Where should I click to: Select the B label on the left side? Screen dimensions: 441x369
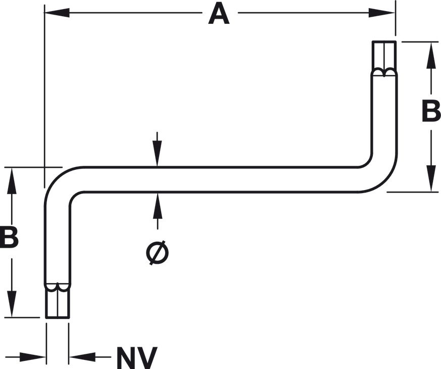(x=9, y=238)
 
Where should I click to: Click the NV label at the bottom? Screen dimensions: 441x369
(x=137, y=358)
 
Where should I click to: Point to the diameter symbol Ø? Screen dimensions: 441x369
(x=158, y=253)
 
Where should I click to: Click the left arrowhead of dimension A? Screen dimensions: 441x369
(x=57, y=13)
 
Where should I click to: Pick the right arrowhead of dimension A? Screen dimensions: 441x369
(x=382, y=13)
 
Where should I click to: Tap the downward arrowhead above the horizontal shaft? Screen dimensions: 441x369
(x=157, y=153)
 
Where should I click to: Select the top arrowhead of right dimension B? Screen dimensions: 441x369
(x=431, y=55)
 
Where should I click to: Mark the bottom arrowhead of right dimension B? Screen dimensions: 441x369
(x=431, y=178)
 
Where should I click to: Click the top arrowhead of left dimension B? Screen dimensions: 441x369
(x=12, y=180)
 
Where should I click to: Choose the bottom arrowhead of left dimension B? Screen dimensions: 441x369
(x=12, y=304)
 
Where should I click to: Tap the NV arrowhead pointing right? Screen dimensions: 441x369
(x=33, y=357)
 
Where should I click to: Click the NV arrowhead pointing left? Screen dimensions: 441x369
(x=82, y=357)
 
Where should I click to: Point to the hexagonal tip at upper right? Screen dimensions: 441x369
(x=384, y=58)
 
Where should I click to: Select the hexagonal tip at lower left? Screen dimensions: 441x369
(x=58, y=301)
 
